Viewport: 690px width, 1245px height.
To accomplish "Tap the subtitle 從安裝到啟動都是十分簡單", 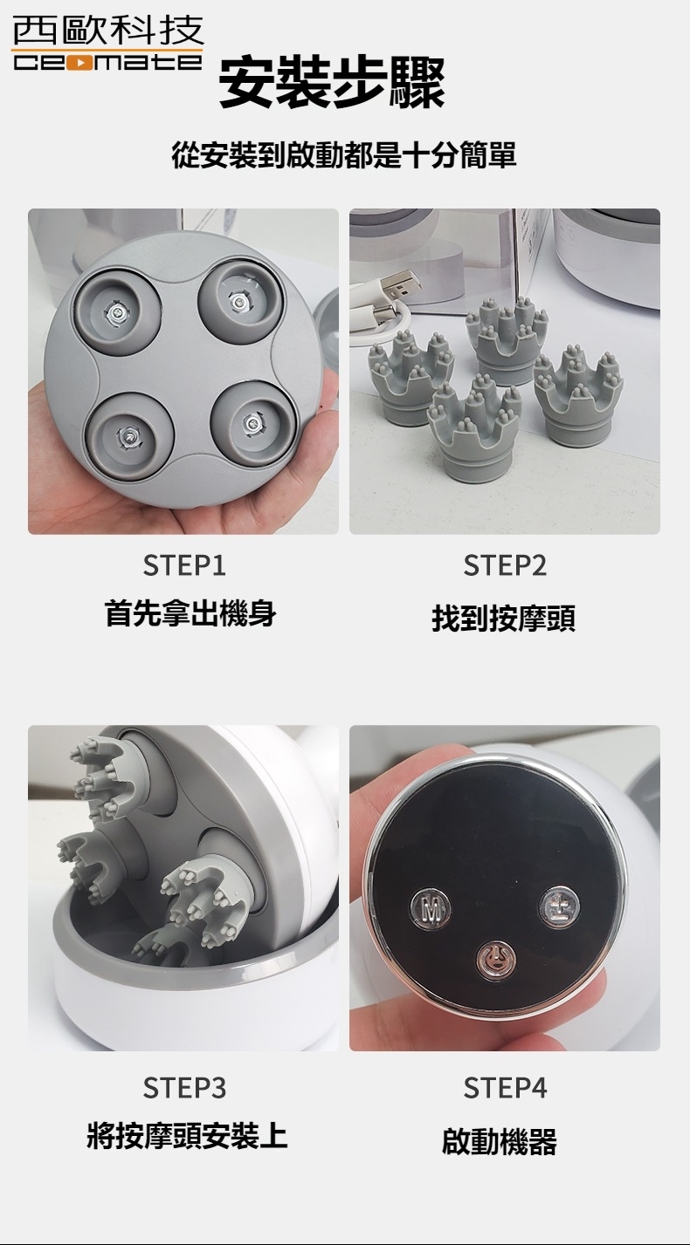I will [x=344, y=155].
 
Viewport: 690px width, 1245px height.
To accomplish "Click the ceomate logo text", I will [x=107, y=62].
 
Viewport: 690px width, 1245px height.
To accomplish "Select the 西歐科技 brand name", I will [x=107, y=31].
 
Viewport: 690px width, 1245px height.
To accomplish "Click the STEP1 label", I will [x=184, y=566].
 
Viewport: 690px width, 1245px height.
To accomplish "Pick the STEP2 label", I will [x=505, y=566].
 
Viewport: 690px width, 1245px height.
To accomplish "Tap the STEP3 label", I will [x=184, y=1088].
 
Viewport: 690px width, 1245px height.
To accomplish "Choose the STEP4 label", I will [x=505, y=1088].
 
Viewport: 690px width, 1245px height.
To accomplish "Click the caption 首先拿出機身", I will [x=190, y=613].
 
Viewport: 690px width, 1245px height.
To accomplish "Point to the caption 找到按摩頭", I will [x=503, y=619].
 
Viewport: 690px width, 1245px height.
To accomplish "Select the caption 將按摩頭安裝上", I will [x=187, y=1135].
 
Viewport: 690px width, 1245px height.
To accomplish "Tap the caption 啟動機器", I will [x=499, y=1140].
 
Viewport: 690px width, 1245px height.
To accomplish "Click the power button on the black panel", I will [x=495, y=959].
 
